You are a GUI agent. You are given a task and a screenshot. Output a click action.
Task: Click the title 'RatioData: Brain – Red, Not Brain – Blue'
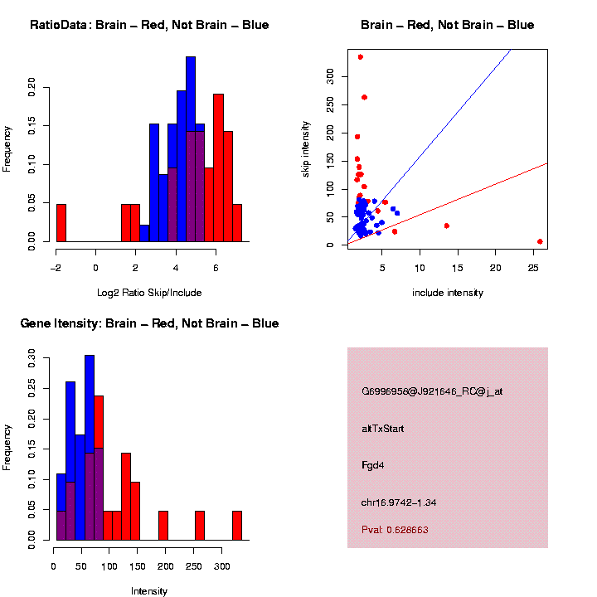(x=149, y=26)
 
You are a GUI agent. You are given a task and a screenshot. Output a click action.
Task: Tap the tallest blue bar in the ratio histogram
(x=191, y=149)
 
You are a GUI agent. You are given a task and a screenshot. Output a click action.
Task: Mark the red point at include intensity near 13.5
(x=446, y=226)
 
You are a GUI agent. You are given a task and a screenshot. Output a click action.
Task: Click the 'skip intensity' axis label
(x=306, y=148)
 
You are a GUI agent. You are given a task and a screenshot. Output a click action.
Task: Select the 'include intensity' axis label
(x=447, y=293)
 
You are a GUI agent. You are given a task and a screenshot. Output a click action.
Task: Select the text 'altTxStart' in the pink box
(x=382, y=429)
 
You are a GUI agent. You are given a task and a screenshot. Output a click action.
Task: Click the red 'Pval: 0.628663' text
(x=395, y=529)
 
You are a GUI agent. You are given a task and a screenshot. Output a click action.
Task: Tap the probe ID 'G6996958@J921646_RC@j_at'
(x=431, y=391)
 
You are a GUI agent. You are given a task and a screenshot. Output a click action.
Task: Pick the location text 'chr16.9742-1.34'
(x=399, y=502)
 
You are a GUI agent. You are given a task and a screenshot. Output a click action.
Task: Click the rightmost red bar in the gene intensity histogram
(x=237, y=526)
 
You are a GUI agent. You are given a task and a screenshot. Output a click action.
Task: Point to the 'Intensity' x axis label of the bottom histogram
(x=149, y=591)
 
